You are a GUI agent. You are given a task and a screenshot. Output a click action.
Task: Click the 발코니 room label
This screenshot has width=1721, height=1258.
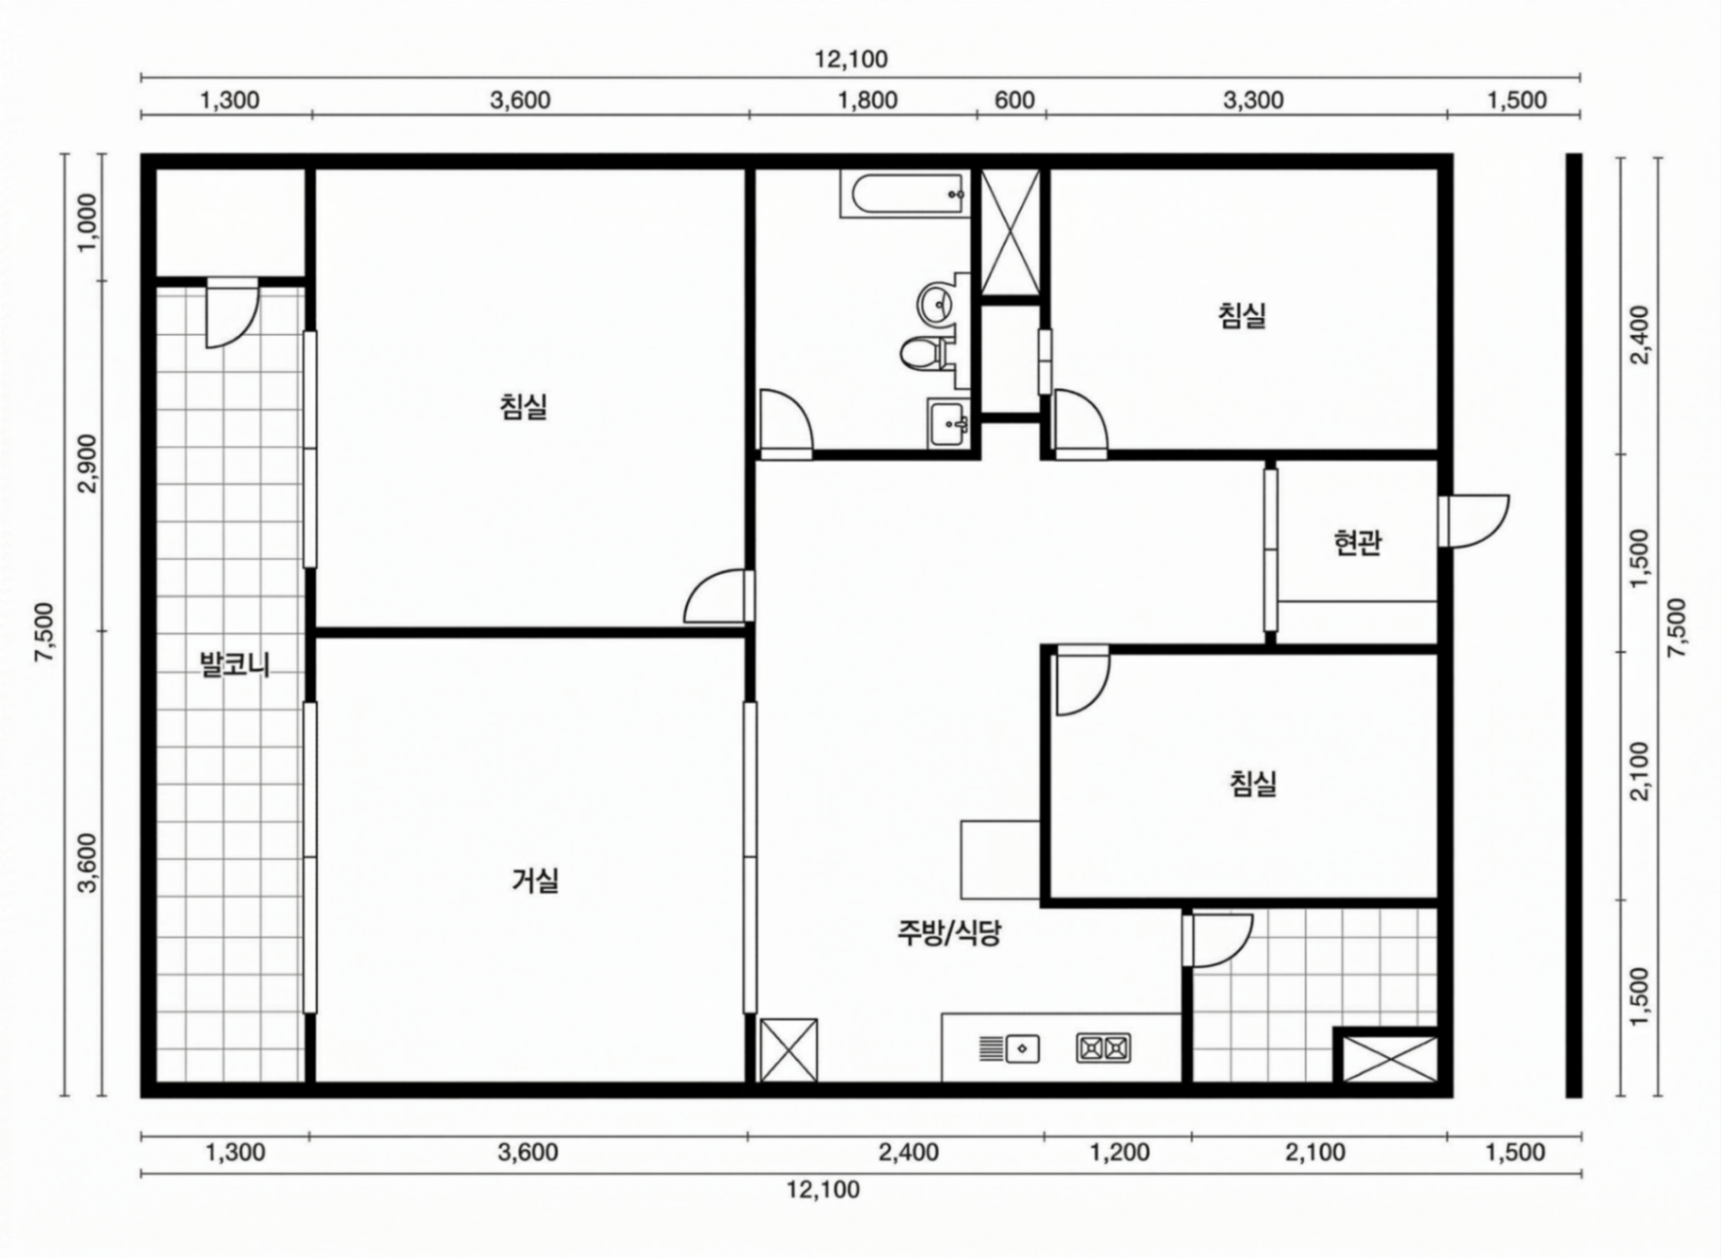point(234,666)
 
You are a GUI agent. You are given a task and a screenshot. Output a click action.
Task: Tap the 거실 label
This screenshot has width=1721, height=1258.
point(535,881)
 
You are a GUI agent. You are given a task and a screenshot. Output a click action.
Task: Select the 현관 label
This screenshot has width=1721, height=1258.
point(1357,543)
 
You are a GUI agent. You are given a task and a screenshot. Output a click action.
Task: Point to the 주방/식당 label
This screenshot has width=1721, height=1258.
point(949,934)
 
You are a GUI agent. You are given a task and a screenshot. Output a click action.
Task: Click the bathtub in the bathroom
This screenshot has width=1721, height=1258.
point(904,194)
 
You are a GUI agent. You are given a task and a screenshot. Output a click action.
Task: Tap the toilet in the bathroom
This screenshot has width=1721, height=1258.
point(923,352)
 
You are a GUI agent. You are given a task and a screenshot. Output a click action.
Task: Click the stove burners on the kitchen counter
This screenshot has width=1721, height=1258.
point(1104,1048)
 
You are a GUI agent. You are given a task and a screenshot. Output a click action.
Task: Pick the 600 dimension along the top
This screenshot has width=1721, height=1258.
point(1014,100)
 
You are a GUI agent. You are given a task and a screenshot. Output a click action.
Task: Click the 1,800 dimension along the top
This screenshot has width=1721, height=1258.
point(868,100)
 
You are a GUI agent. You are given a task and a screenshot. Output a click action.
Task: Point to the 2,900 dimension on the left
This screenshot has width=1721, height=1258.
point(88,464)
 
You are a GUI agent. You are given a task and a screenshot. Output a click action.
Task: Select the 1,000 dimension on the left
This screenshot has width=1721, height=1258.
point(88,223)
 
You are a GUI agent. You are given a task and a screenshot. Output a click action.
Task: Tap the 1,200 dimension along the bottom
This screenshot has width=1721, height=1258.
point(1120,1153)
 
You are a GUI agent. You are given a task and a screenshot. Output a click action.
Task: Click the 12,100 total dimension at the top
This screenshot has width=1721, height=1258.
point(851,60)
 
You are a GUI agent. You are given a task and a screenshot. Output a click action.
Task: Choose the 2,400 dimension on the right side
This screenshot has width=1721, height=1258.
point(1640,335)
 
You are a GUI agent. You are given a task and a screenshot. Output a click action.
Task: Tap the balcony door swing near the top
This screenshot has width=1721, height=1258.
point(231,313)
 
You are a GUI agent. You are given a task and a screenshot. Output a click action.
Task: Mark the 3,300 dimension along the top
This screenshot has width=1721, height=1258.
point(1254,100)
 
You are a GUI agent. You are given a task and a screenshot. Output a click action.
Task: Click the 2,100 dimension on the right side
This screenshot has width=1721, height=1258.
point(1640,771)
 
